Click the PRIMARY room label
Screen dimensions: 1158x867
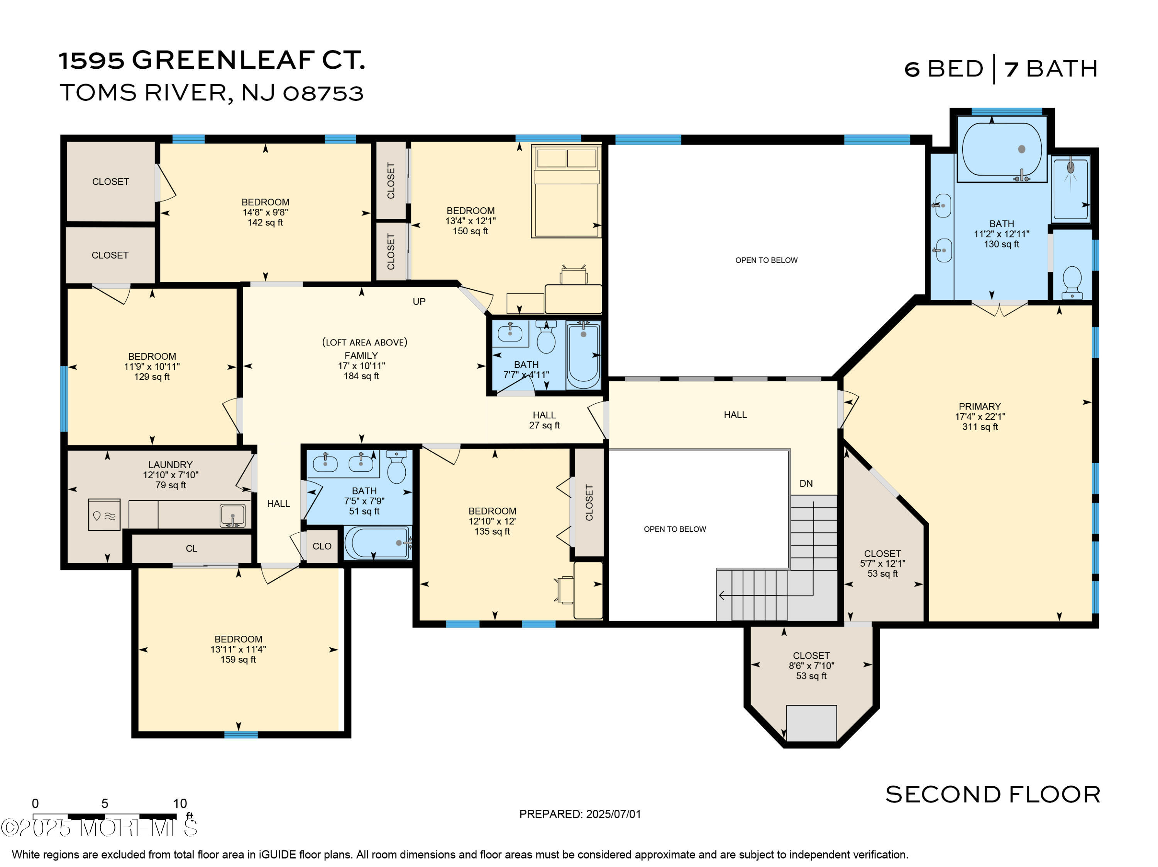point(980,406)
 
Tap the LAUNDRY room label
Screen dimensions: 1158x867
point(170,465)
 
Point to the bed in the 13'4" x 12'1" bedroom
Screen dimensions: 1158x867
point(566,191)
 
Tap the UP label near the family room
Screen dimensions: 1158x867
point(419,301)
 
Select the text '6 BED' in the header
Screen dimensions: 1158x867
point(944,69)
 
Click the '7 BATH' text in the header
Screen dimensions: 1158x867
point(1051,69)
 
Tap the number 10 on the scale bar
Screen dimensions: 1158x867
point(180,803)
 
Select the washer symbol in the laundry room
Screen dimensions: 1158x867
point(104,515)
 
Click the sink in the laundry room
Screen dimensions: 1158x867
point(232,515)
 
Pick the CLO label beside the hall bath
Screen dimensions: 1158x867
point(322,546)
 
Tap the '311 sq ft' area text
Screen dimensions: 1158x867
point(980,427)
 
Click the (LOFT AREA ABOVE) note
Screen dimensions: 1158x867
point(364,342)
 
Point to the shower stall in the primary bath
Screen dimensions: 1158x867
point(1071,188)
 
